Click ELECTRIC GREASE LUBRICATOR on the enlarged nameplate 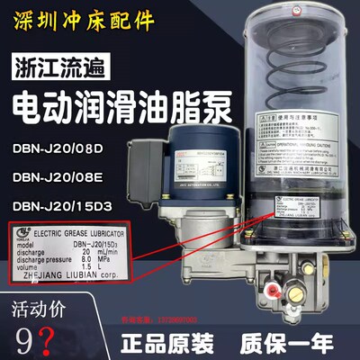86,236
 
